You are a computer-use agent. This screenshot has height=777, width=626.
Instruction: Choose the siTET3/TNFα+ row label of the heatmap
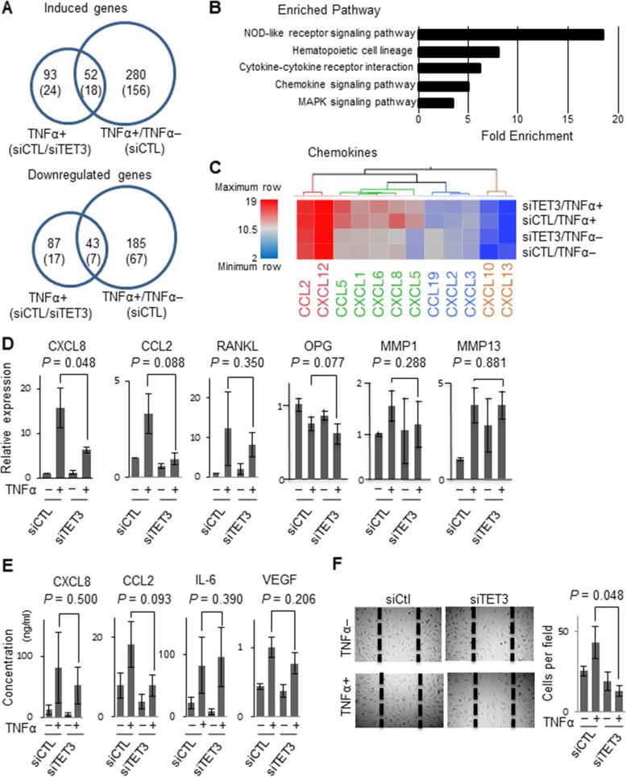click(x=566, y=206)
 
